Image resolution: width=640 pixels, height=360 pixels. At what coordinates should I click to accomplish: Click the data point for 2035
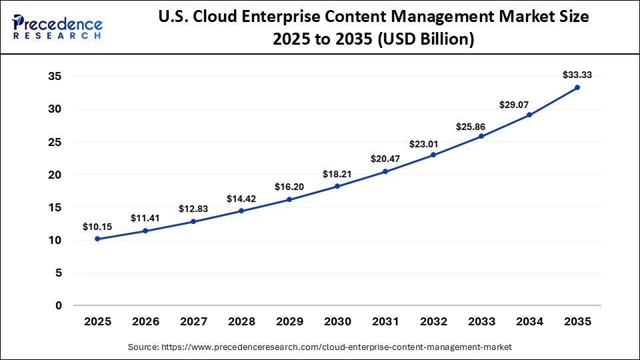tap(577, 87)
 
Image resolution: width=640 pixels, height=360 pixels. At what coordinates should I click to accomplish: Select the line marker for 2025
tap(97, 239)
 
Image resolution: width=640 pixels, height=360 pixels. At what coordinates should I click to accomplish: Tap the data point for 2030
tap(337, 186)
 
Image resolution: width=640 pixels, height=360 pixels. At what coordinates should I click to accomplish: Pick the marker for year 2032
tap(433, 155)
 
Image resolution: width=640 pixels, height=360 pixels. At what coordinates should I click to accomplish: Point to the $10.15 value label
tap(97, 227)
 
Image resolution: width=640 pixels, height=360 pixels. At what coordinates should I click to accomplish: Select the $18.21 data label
tap(337, 174)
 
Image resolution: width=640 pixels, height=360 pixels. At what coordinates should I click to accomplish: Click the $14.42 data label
tap(241, 198)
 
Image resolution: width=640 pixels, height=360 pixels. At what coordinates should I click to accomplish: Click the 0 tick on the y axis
tap(59, 306)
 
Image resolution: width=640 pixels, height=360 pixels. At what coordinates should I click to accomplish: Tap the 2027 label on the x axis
tap(193, 321)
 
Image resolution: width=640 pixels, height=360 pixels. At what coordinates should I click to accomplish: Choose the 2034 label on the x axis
tap(529, 321)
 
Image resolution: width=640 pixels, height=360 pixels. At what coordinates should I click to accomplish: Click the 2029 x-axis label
tap(289, 321)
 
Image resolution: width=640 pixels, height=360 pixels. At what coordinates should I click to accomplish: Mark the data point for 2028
tap(241, 211)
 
